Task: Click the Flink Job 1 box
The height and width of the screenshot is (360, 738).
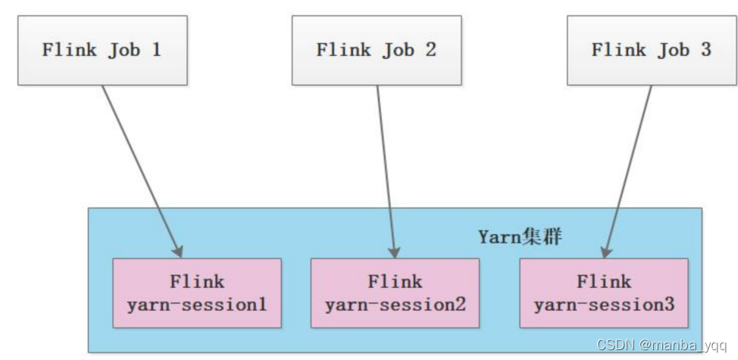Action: pos(102,51)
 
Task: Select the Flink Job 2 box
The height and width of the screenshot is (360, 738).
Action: pos(377,51)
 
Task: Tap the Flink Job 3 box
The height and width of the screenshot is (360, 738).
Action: pos(652,51)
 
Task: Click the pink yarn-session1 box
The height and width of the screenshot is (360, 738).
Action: pos(197,293)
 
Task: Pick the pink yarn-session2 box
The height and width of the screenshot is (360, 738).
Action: pos(395,293)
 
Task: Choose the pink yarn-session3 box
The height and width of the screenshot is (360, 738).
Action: pos(604,293)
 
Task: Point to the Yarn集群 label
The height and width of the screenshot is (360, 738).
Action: pos(520,236)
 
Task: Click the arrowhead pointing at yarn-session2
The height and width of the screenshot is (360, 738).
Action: pos(394,250)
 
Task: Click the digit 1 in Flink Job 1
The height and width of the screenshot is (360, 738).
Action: pos(157,51)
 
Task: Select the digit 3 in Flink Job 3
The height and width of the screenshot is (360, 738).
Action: pos(705,51)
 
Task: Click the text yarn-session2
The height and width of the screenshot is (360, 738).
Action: pos(395,305)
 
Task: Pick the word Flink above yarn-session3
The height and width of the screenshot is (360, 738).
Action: pos(604,282)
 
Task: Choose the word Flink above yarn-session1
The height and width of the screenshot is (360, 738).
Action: pos(197,282)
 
